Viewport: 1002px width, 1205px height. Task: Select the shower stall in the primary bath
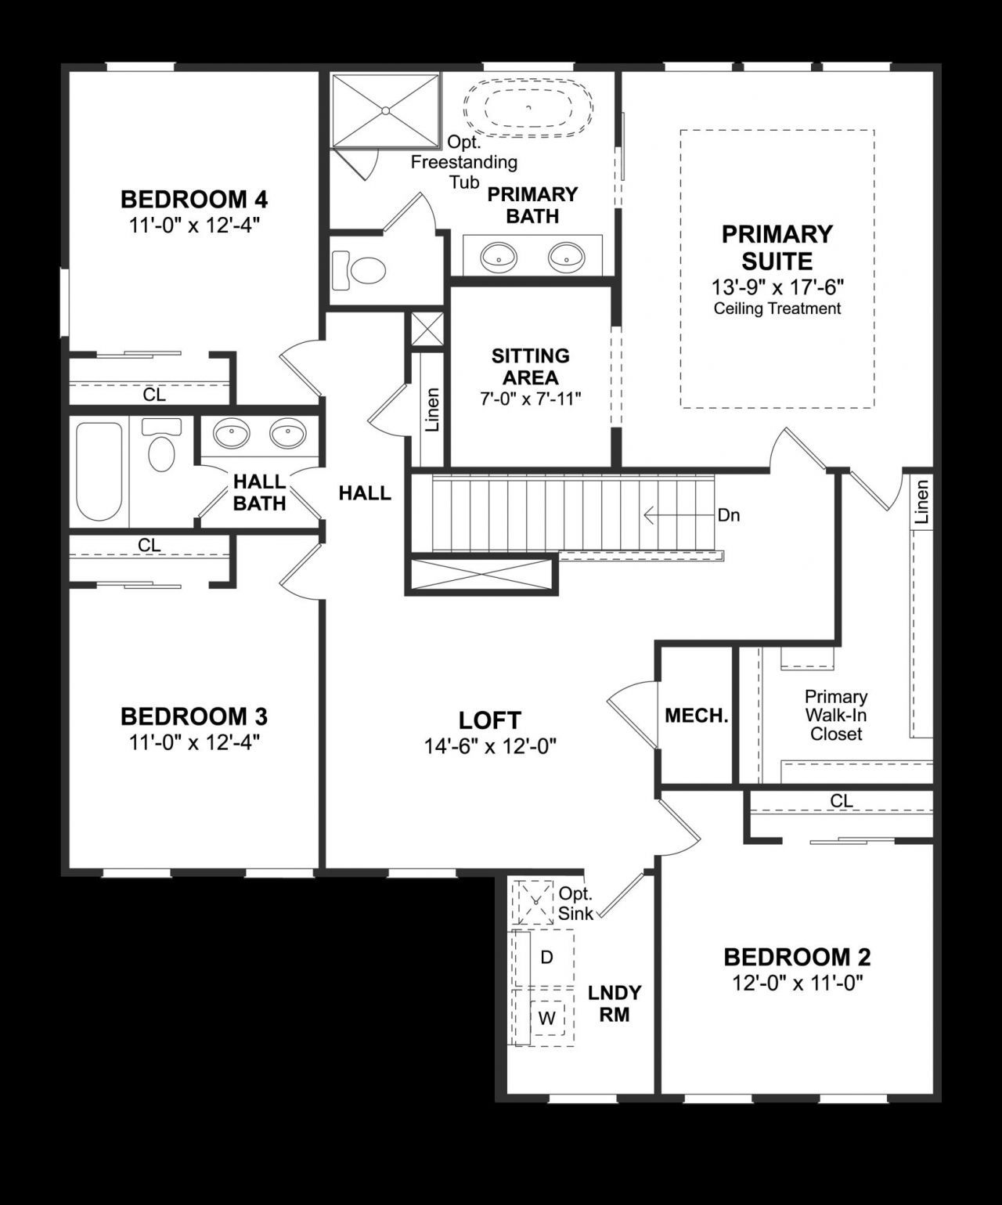point(386,110)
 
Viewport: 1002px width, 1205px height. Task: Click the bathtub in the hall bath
point(99,472)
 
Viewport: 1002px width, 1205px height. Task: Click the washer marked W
point(547,1019)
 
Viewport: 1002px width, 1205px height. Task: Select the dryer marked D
point(546,957)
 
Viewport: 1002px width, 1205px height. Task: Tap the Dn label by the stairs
point(729,515)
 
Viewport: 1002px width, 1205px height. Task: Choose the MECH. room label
point(696,715)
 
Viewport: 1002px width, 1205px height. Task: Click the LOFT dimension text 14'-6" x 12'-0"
point(490,746)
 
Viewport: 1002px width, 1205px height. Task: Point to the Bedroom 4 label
point(194,200)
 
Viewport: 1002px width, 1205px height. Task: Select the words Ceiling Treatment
point(777,308)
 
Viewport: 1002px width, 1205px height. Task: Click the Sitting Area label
point(530,366)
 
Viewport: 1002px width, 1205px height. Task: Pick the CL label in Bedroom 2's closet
point(842,801)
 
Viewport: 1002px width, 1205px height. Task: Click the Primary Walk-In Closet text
point(836,715)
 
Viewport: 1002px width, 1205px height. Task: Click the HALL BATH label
point(259,492)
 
